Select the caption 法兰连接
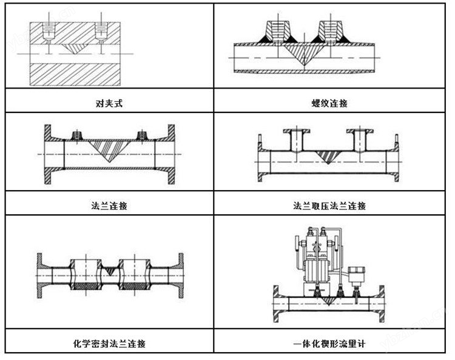[x=109, y=205]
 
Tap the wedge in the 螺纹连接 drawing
[x=297, y=52]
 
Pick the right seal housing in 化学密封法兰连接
[x=133, y=274]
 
